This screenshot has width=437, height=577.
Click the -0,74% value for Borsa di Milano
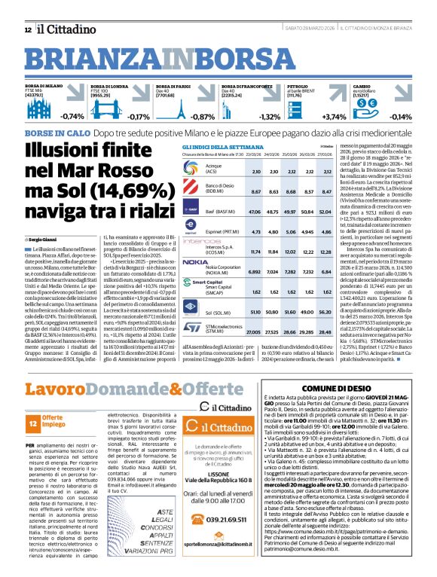[x=72, y=117]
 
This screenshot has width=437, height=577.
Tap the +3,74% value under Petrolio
[x=334, y=117]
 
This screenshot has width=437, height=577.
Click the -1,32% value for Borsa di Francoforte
[x=268, y=117]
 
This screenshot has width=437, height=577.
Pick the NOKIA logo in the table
[x=194, y=263]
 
